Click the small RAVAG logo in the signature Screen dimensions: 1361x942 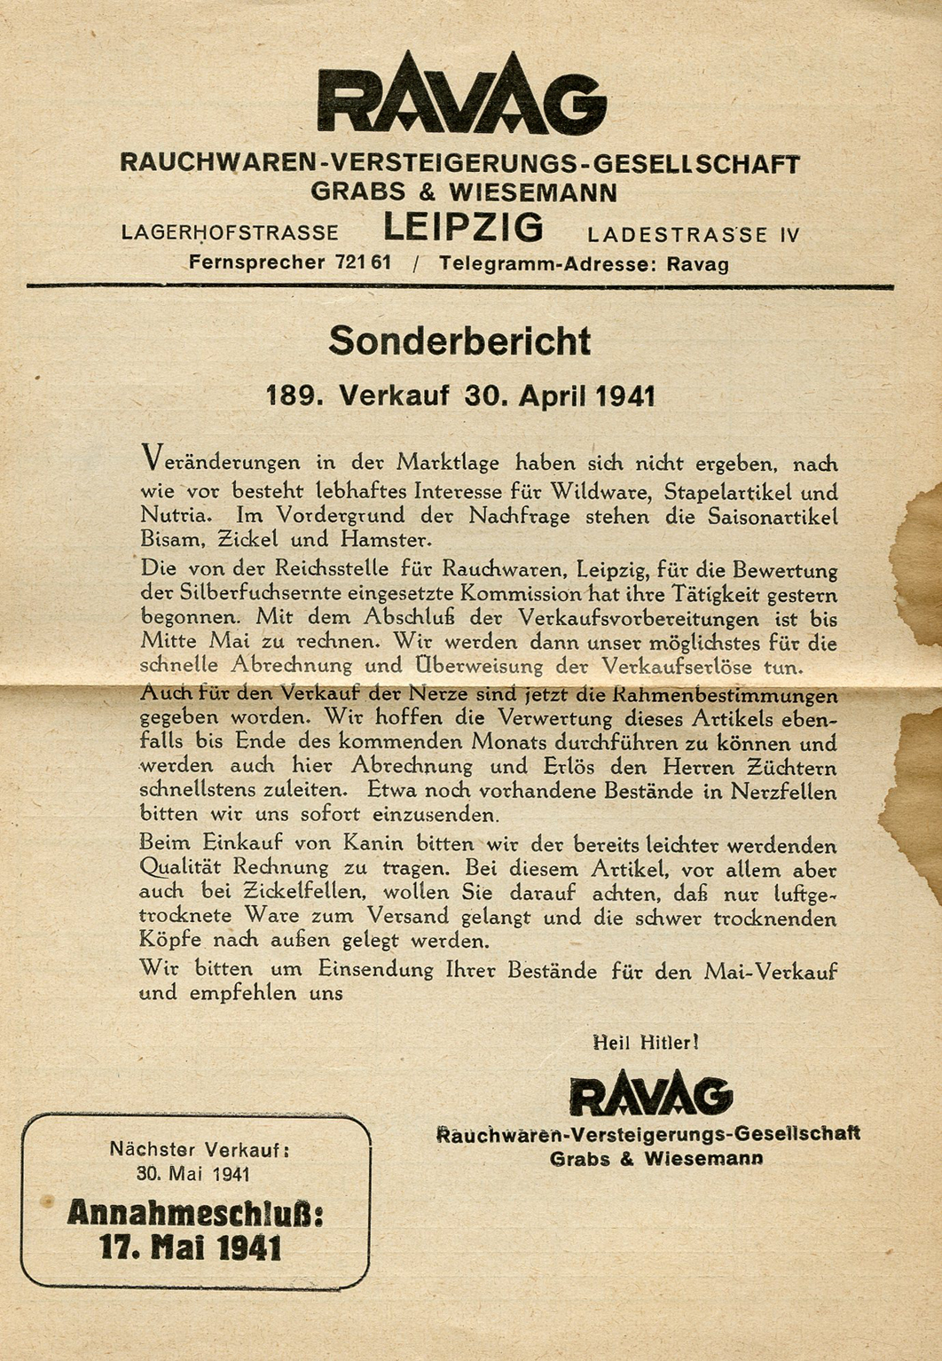coord(651,1096)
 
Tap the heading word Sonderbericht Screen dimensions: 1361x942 coord(459,341)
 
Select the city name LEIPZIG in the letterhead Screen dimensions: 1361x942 coord(463,229)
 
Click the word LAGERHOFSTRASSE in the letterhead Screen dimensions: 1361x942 coord(230,233)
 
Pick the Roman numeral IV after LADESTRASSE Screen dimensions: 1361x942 coord(789,235)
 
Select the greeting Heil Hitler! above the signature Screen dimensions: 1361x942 coord(646,1043)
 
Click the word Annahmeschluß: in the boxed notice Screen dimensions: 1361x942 coord(195,1212)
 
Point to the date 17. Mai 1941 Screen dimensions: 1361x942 coord(191,1248)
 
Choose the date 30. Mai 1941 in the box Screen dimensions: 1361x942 coord(193,1174)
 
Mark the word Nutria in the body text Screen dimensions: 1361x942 coord(175,515)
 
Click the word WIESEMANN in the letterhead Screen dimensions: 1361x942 coord(532,192)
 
